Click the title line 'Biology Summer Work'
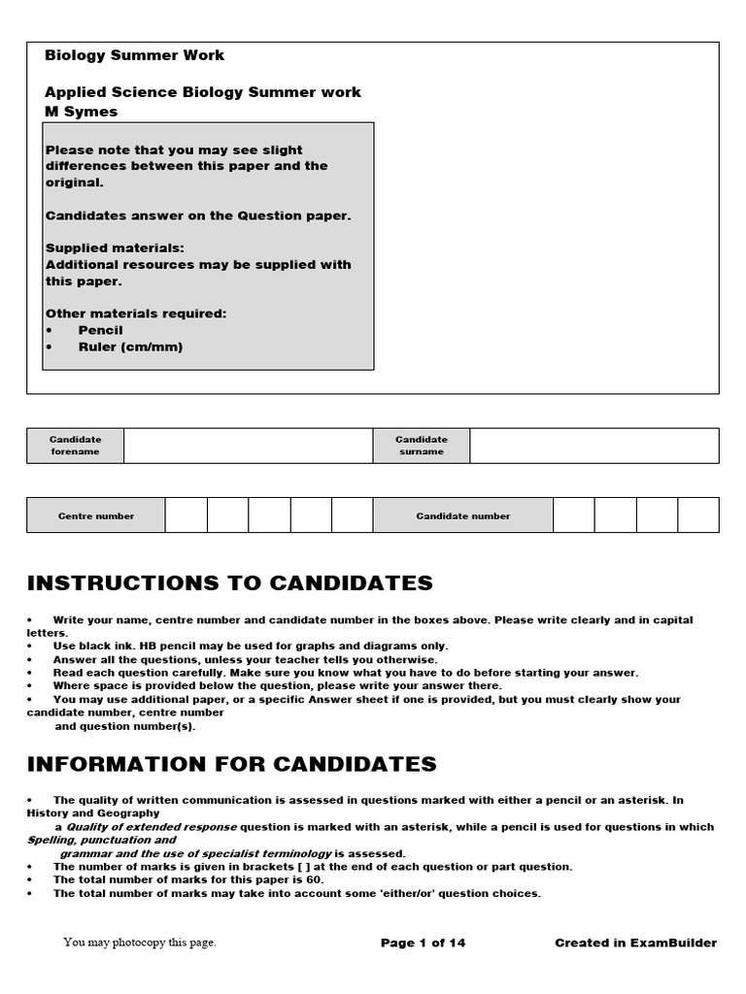pos(134,55)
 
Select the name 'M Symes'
pos(81,112)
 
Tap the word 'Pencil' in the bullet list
pos(100,330)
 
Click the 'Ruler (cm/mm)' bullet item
pos(130,347)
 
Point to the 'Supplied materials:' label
pos(115,248)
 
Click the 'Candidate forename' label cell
pos(75,446)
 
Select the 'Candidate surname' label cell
pos(421,446)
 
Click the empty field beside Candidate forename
pos(248,446)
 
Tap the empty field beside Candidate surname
pos(593,446)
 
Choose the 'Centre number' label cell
pos(96,516)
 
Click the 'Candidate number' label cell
pos(462,516)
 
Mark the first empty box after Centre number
pos(186,516)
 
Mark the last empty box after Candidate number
pos(697,516)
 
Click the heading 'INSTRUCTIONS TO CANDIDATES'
pos(230,583)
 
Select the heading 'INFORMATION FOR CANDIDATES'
pos(232,764)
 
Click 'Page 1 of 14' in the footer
pos(423,943)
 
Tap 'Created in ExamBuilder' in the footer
pos(635,943)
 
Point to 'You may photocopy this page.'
pos(140,943)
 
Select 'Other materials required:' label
pos(135,314)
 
